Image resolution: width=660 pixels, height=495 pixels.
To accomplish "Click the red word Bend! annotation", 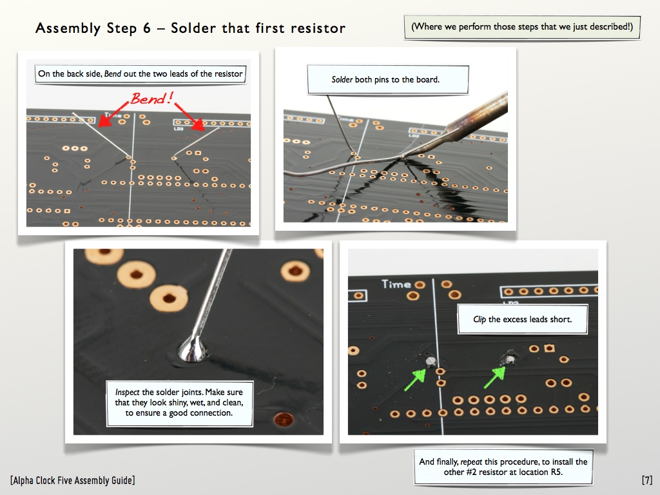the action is coord(152,99).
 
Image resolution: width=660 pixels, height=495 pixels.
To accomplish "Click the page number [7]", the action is coord(647,480).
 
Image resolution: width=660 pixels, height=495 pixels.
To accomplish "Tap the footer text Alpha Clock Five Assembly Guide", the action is coord(73,480).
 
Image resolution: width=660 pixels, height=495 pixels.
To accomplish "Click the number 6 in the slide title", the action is coord(146,28).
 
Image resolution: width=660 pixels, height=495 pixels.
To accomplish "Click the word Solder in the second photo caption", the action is coord(342,79).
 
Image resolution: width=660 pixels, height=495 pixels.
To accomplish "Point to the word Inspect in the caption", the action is coord(127,392).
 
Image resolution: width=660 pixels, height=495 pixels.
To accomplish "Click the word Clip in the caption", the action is coord(480,319).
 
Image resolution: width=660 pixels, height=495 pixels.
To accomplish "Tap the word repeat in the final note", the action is coord(471,461).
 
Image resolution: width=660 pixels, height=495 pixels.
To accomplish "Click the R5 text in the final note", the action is coord(556,472).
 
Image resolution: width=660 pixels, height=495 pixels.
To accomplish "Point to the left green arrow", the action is coord(415,380).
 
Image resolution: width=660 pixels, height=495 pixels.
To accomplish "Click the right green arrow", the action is coord(495,377).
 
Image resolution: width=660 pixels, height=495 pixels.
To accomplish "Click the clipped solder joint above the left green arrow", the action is coord(431,361).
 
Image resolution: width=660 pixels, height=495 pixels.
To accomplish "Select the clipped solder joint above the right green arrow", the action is coord(510,360).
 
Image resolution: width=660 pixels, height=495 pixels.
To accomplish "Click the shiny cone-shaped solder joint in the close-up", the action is coord(193,349).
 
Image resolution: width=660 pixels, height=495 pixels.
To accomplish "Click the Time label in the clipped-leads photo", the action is coord(396,284).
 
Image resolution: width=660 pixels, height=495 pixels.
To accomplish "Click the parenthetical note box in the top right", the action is coord(522,27).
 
